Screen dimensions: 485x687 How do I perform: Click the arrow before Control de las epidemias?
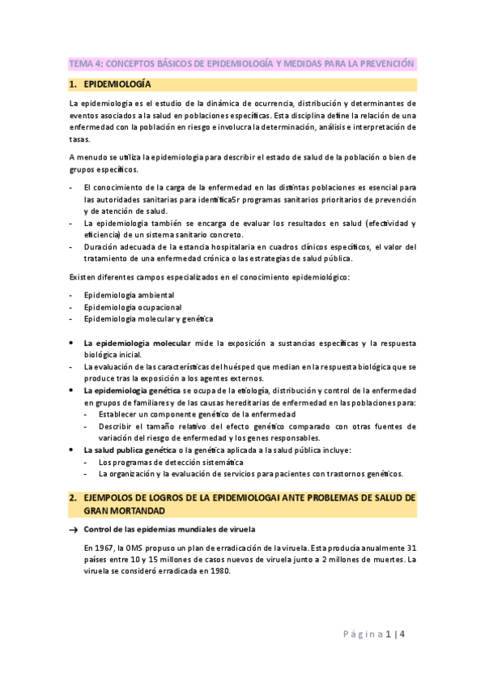73,530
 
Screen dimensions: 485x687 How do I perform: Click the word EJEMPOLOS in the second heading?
112,497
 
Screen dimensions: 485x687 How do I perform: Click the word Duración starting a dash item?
103,247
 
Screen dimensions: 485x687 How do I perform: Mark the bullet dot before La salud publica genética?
74,450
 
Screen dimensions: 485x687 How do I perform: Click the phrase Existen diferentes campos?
119,277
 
